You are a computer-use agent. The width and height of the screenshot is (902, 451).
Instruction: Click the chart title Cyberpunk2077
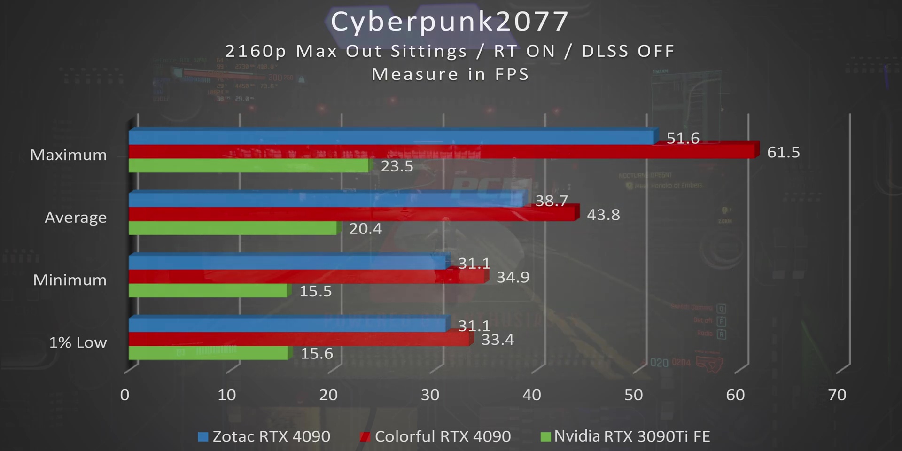click(x=450, y=22)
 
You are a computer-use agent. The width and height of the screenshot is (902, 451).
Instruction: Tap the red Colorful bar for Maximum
click(x=442, y=152)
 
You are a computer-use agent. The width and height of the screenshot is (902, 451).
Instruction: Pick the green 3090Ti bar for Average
click(x=233, y=228)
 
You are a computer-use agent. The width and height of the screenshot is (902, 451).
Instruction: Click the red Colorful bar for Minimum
click(x=308, y=277)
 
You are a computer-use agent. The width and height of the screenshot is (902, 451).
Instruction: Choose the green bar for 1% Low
click(x=208, y=353)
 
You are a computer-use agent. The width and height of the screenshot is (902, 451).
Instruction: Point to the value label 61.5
click(x=783, y=152)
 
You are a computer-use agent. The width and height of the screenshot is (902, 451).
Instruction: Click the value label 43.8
click(x=603, y=215)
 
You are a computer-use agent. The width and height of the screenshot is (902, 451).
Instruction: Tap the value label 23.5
click(x=397, y=166)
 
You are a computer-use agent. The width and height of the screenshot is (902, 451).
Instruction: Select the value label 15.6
click(x=317, y=353)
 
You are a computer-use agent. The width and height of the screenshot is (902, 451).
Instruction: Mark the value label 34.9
click(x=513, y=277)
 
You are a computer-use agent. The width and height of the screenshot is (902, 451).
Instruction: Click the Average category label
click(x=76, y=218)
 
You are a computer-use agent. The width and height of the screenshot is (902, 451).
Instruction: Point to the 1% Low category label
click(x=78, y=342)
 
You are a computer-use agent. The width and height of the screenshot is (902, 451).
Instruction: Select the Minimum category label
click(x=70, y=280)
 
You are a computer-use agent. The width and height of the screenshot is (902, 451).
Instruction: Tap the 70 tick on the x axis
click(x=837, y=395)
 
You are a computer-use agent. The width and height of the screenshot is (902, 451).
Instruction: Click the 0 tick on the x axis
click(x=124, y=395)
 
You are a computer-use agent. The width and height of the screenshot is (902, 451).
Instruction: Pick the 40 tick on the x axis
click(x=532, y=395)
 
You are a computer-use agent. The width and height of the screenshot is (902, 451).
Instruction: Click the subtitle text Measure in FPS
click(x=450, y=74)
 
